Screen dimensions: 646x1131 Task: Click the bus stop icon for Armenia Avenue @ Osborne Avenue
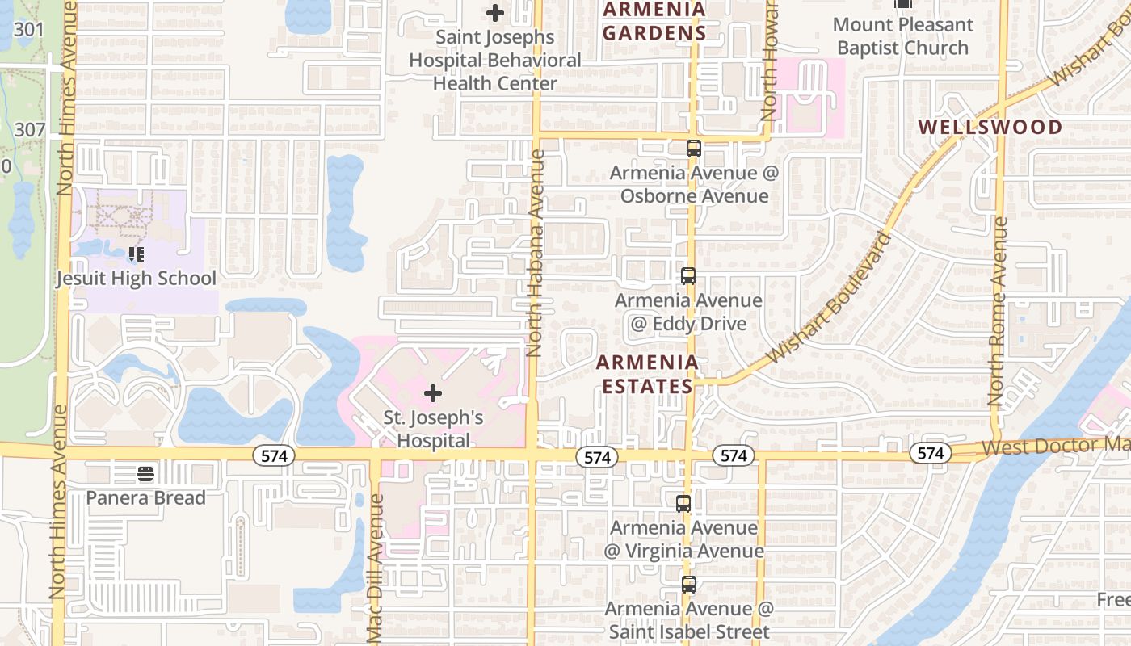pos(693,149)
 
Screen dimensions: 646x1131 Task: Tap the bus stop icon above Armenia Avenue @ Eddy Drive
pos(687,276)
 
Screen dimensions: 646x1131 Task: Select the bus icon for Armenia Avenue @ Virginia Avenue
pos(683,504)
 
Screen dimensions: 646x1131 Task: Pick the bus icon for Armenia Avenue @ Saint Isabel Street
pos(688,585)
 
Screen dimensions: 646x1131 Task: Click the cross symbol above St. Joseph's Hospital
pos(433,393)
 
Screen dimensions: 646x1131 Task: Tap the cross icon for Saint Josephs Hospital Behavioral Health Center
pos(495,13)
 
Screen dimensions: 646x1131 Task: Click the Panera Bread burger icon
pos(145,473)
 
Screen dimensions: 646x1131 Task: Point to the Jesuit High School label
pos(136,279)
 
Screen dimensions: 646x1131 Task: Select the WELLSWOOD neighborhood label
pos(990,127)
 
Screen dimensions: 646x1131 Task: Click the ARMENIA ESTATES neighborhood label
pos(647,374)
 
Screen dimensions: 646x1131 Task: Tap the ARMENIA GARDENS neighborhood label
pos(654,21)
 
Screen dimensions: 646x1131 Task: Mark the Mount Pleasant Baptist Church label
pos(902,36)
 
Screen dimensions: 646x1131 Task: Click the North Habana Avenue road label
pos(534,252)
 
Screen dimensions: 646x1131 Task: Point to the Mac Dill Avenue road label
pos(376,557)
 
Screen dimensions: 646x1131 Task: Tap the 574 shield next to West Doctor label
pos(930,454)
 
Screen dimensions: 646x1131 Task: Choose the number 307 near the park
pos(29,129)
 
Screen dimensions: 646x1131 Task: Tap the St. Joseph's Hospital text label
pos(433,429)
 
